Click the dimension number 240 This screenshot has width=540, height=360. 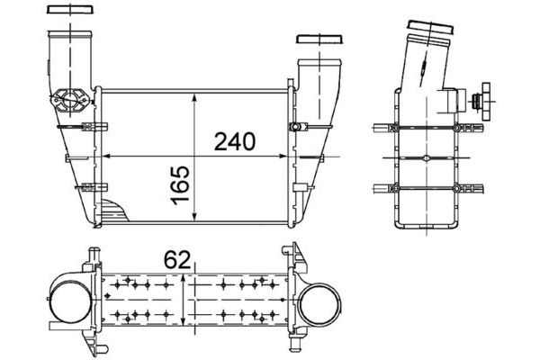pos(235,141)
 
